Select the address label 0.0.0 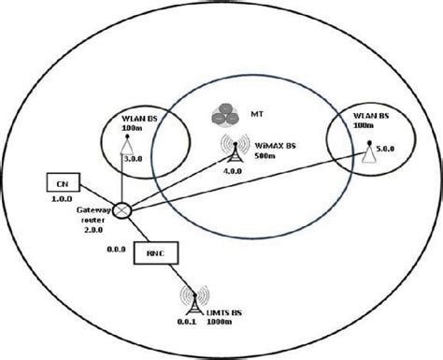pos(116,249)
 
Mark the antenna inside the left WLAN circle pos(127,144)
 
